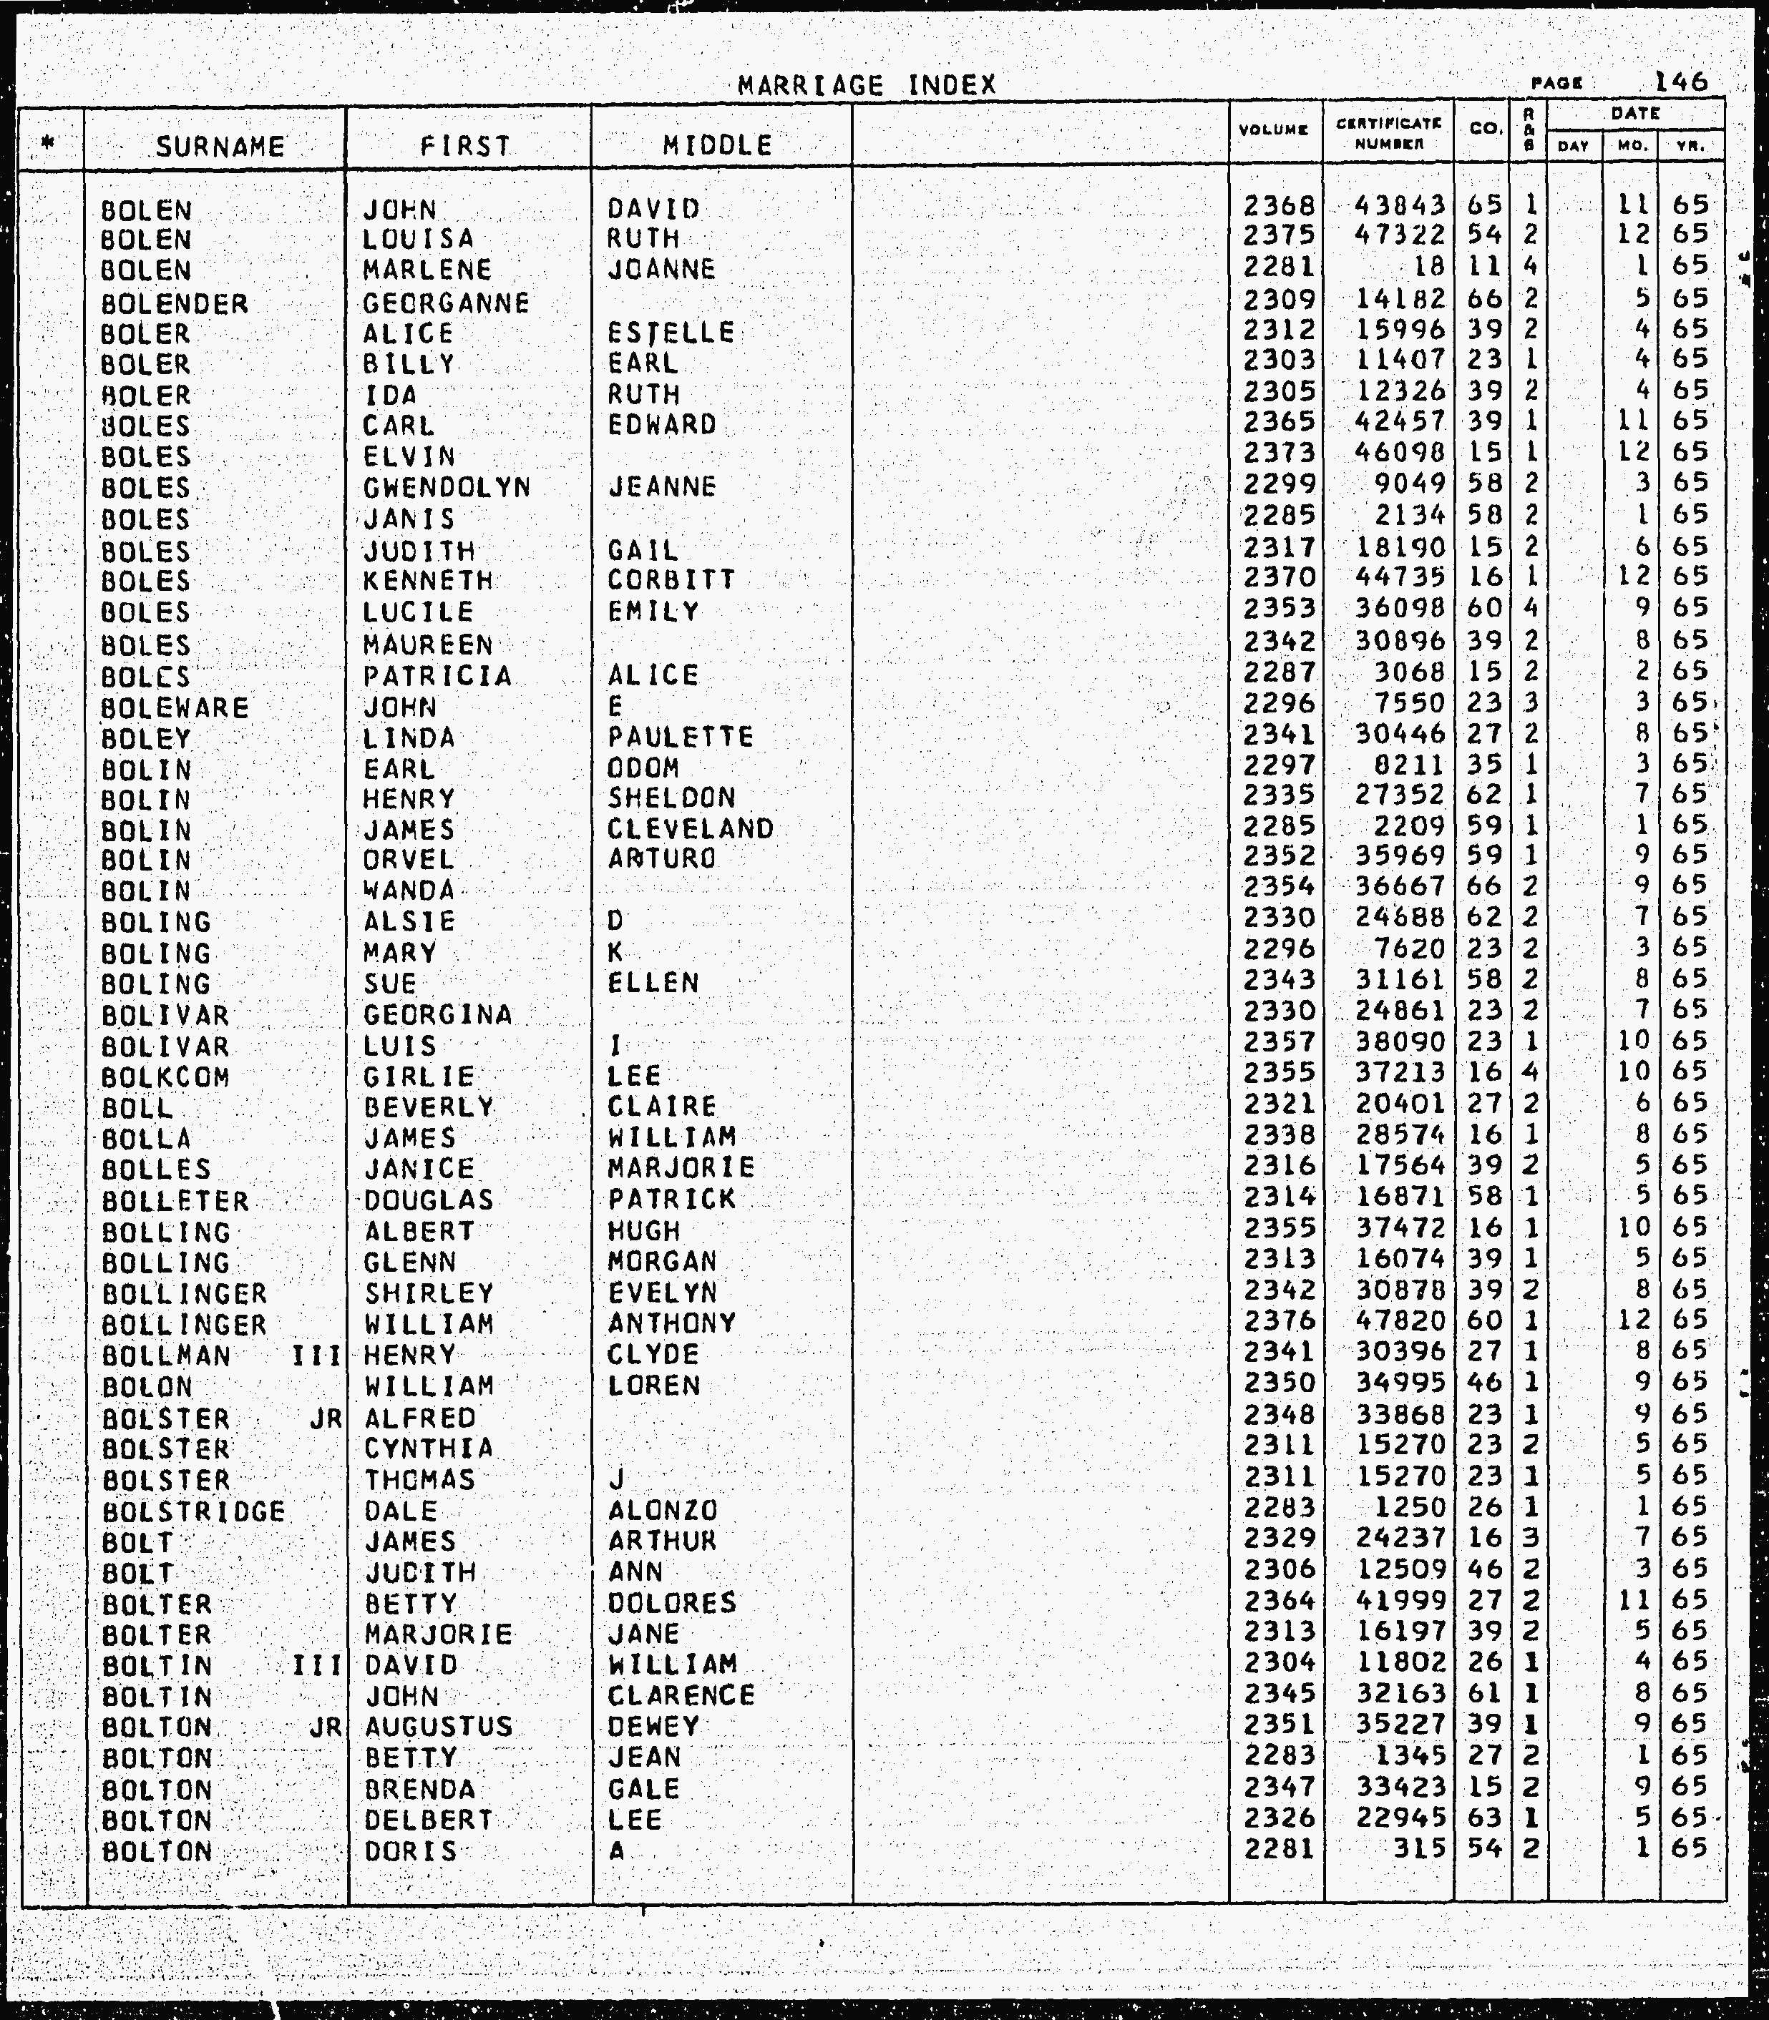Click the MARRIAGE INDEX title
tap(867, 86)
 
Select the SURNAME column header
tap(220, 147)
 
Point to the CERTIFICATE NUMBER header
tap(1389, 133)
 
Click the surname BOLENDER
tap(175, 303)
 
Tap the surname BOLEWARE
tap(175, 709)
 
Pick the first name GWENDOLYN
tap(447, 488)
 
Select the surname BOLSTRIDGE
tap(193, 1512)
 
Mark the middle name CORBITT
tap(671, 579)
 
